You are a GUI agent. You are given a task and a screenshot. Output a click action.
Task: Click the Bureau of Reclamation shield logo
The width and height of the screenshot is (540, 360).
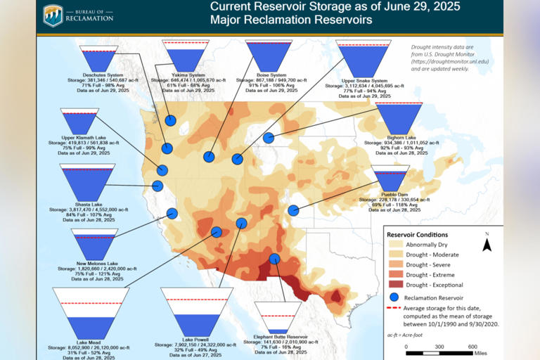[x=53, y=16]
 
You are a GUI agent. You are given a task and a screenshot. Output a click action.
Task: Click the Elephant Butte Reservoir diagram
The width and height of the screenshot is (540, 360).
[x=278, y=319]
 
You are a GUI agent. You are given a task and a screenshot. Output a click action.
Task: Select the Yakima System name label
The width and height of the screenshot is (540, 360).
[x=188, y=75]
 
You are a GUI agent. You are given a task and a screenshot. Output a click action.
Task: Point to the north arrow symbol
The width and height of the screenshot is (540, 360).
[x=486, y=243]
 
